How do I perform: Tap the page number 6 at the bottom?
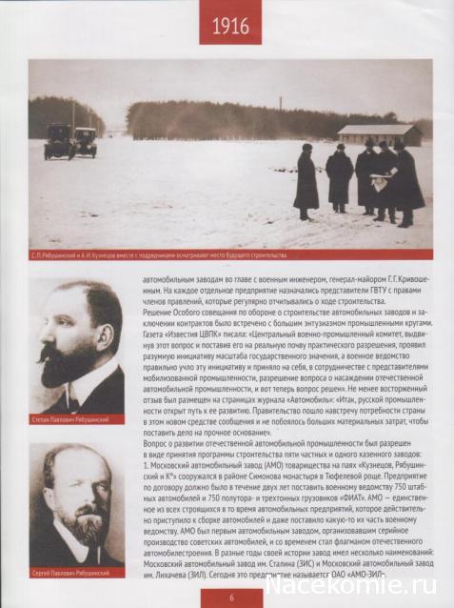229,597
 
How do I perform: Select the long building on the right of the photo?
379,135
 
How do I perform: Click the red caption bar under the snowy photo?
228,255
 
